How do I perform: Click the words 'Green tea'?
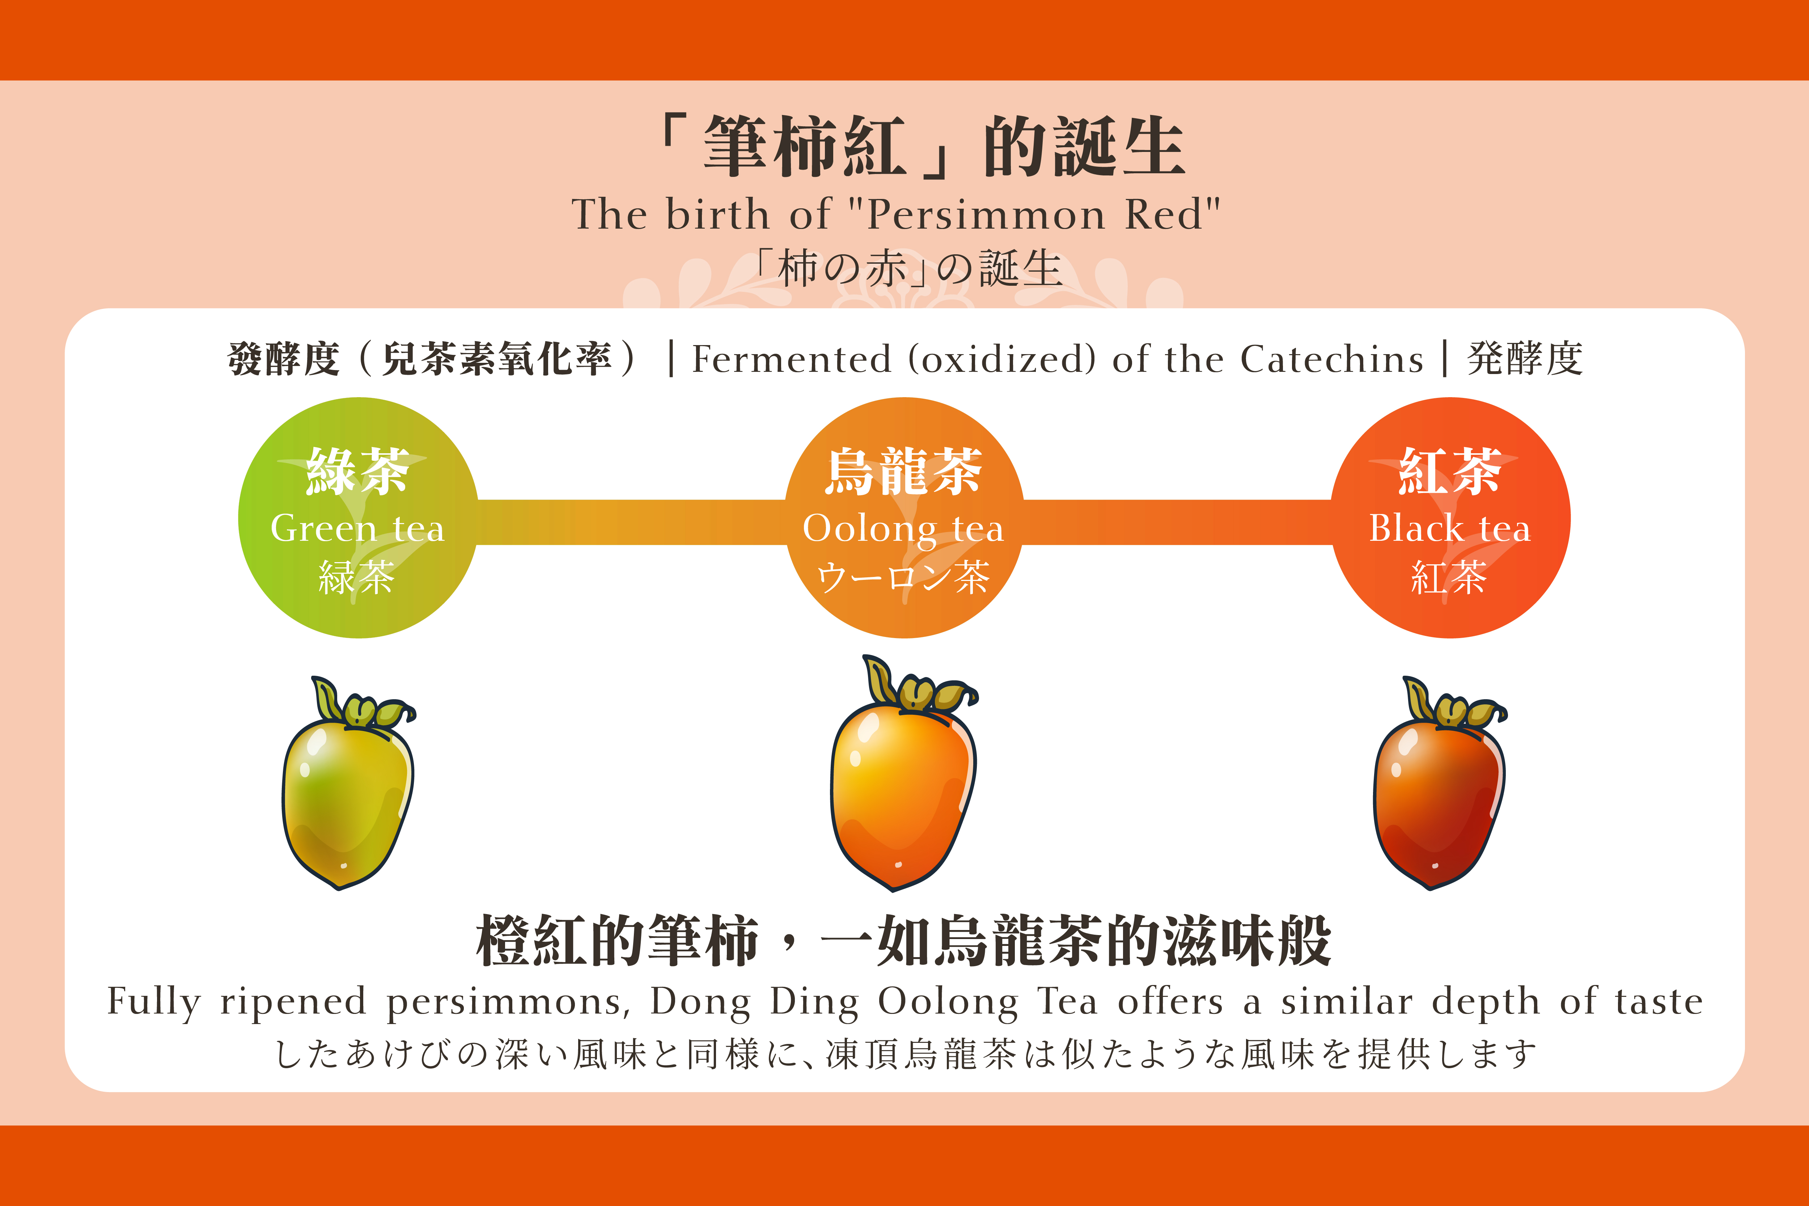358,528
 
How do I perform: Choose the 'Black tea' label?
1450,528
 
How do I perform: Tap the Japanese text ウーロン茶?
904,577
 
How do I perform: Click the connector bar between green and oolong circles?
631,522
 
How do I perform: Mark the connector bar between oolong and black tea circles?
1177,522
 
